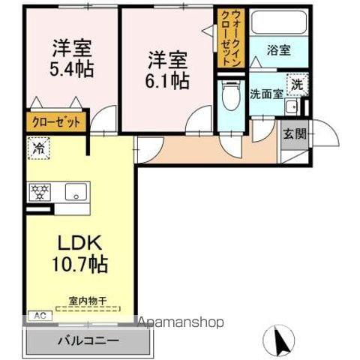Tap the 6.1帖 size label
coord(167,80)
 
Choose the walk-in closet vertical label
coord(229,39)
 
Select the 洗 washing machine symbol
coord(298,85)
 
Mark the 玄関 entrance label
coord(293,135)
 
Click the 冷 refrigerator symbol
coord(37,148)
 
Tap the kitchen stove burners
coord(39,192)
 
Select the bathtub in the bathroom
coord(278,22)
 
